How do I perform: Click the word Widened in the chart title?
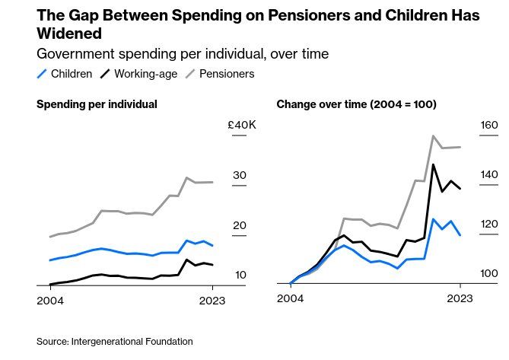coord(69,34)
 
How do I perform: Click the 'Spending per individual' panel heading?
coord(97,104)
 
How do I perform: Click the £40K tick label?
coord(242,125)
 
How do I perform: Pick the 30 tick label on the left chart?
coord(240,175)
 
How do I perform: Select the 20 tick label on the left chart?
coord(240,225)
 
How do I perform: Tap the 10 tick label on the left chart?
coord(240,275)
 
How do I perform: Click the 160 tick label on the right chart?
coord(488,125)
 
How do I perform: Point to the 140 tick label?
coord(488,175)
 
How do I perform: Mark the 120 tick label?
coord(488,225)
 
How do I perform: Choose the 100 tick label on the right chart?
coord(488,275)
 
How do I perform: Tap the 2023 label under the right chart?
coord(460,299)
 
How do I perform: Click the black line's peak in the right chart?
coord(433,164)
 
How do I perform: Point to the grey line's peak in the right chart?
coord(433,136)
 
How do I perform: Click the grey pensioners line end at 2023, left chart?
coord(212,182)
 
